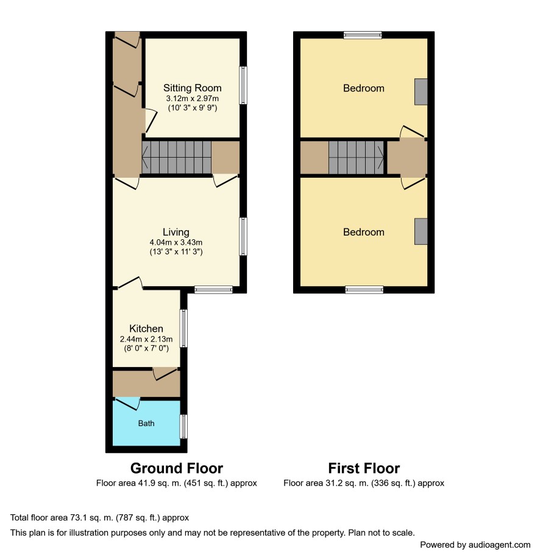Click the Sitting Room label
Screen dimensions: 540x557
pyautogui.click(x=192, y=88)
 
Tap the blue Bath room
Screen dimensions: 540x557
pyautogui.click(x=146, y=422)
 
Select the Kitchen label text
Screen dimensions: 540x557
pyautogui.click(x=146, y=328)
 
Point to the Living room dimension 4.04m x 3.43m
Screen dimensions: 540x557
pyautogui.click(x=176, y=242)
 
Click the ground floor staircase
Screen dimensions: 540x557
pyautogui.click(x=176, y=157)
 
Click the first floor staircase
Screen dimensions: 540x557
pyautogui.click(x=356, y=158)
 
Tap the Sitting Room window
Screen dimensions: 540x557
pyautogui.click(x=243, y=85)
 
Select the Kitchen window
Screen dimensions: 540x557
pyautogui.click(x=183, y=328)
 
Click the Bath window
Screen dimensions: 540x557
pyautogui.click(x=183, y=426)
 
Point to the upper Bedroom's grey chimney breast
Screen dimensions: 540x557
pyautogui.click(x=421, y=92)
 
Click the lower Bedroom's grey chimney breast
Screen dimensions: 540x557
pyautogui.click(x=421, y=231)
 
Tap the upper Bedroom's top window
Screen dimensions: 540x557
pyautogui.click(x=363, y=35)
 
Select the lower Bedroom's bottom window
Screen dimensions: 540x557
pyautogui.click(x=364, y=290)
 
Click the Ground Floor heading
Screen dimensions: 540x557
pyautogui.click(x=176, y=468)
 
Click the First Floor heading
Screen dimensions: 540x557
pyautogui.click(x=364, y=468)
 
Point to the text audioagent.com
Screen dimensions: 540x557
pyautogui.click(x=499, y=545)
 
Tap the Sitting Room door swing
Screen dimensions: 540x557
pyautogui.click(x=151, y=121)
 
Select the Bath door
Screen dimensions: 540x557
pyautogui.click(x=127, y=404)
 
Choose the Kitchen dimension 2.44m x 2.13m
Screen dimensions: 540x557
pyautogui.click(x=146, y=339)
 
